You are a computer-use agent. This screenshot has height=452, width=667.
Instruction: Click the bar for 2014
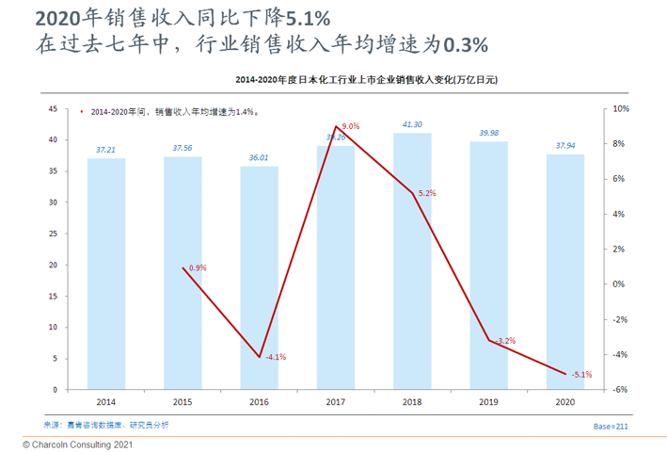(106, 273)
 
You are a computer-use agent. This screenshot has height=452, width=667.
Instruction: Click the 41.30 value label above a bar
(412, 124)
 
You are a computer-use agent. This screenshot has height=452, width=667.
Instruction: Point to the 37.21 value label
(106, 149)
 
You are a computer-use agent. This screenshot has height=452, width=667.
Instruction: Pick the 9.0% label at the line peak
(351, 126)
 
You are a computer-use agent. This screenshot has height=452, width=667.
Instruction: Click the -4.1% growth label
(276, 357)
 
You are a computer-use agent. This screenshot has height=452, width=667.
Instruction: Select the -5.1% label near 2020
(581, 375)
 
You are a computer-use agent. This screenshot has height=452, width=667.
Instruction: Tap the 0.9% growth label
(197, 268)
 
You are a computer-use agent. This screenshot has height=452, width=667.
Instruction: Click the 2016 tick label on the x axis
(259, 402)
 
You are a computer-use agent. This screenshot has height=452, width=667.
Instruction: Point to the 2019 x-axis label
(488, 402)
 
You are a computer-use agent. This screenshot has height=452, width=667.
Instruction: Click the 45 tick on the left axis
(54, 109)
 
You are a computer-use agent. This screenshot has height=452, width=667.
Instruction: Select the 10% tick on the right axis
(621, 109)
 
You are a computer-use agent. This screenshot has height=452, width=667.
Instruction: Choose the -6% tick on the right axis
(621, 390)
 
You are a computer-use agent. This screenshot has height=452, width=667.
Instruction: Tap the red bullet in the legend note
(83, 112)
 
